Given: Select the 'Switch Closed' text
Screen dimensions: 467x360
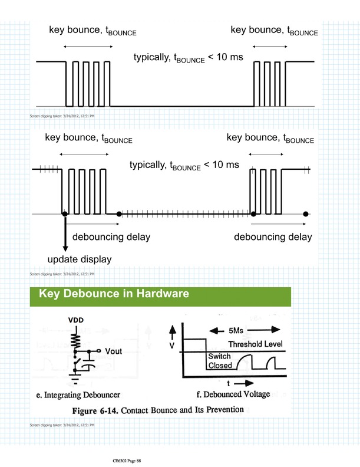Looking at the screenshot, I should (x=220, y=361).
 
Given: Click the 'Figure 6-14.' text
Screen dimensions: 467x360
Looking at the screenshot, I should (x=97, y=409).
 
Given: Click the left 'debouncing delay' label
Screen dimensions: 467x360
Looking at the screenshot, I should (x=111, y=237).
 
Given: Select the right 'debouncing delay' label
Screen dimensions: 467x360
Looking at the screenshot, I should (x=273, y=237).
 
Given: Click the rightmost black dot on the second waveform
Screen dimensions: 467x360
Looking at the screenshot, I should (x=306, y=213).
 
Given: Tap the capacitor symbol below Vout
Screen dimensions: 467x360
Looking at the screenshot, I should (x=89, y=361).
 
